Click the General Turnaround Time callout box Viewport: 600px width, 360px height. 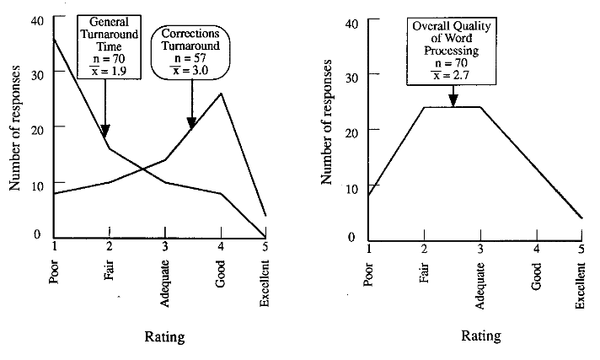tap(104, 44)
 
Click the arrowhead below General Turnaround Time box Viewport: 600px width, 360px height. tap(105, 130)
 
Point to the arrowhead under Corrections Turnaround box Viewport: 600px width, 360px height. tap(191, 121)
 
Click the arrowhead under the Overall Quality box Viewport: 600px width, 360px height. tap(453, 100)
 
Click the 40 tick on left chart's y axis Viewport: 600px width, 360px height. tap(35, 19)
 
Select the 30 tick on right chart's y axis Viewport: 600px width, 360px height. tap(351, 76)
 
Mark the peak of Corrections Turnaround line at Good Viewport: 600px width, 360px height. tap(221, 93)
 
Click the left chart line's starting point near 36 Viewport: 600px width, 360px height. tap(55, 39)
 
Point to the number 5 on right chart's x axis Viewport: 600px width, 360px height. tap(581, 246)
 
